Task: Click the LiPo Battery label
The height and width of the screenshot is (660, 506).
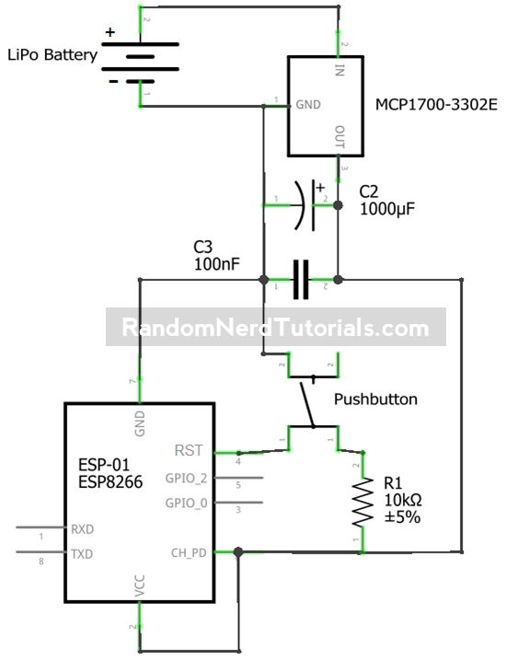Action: (x=52, y=55)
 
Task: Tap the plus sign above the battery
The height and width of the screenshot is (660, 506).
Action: (x=110, y=32)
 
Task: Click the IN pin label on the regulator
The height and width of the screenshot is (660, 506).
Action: (x=339, y=71)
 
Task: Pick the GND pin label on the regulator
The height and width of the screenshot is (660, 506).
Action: (x=306, y=105)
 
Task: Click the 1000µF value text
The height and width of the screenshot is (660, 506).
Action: (x=386, y=210)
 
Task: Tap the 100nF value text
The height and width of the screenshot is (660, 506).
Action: (x=216, y=263)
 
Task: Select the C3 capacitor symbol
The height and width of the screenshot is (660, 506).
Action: (x=301, y=278)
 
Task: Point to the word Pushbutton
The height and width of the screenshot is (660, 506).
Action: (x=375, y=399)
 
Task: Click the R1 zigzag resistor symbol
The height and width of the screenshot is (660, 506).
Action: (x=362, y=501)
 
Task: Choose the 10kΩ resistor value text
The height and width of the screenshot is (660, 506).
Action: (x=404, y=500)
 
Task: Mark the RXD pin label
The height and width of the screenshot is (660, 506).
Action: (x=81, y=529)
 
